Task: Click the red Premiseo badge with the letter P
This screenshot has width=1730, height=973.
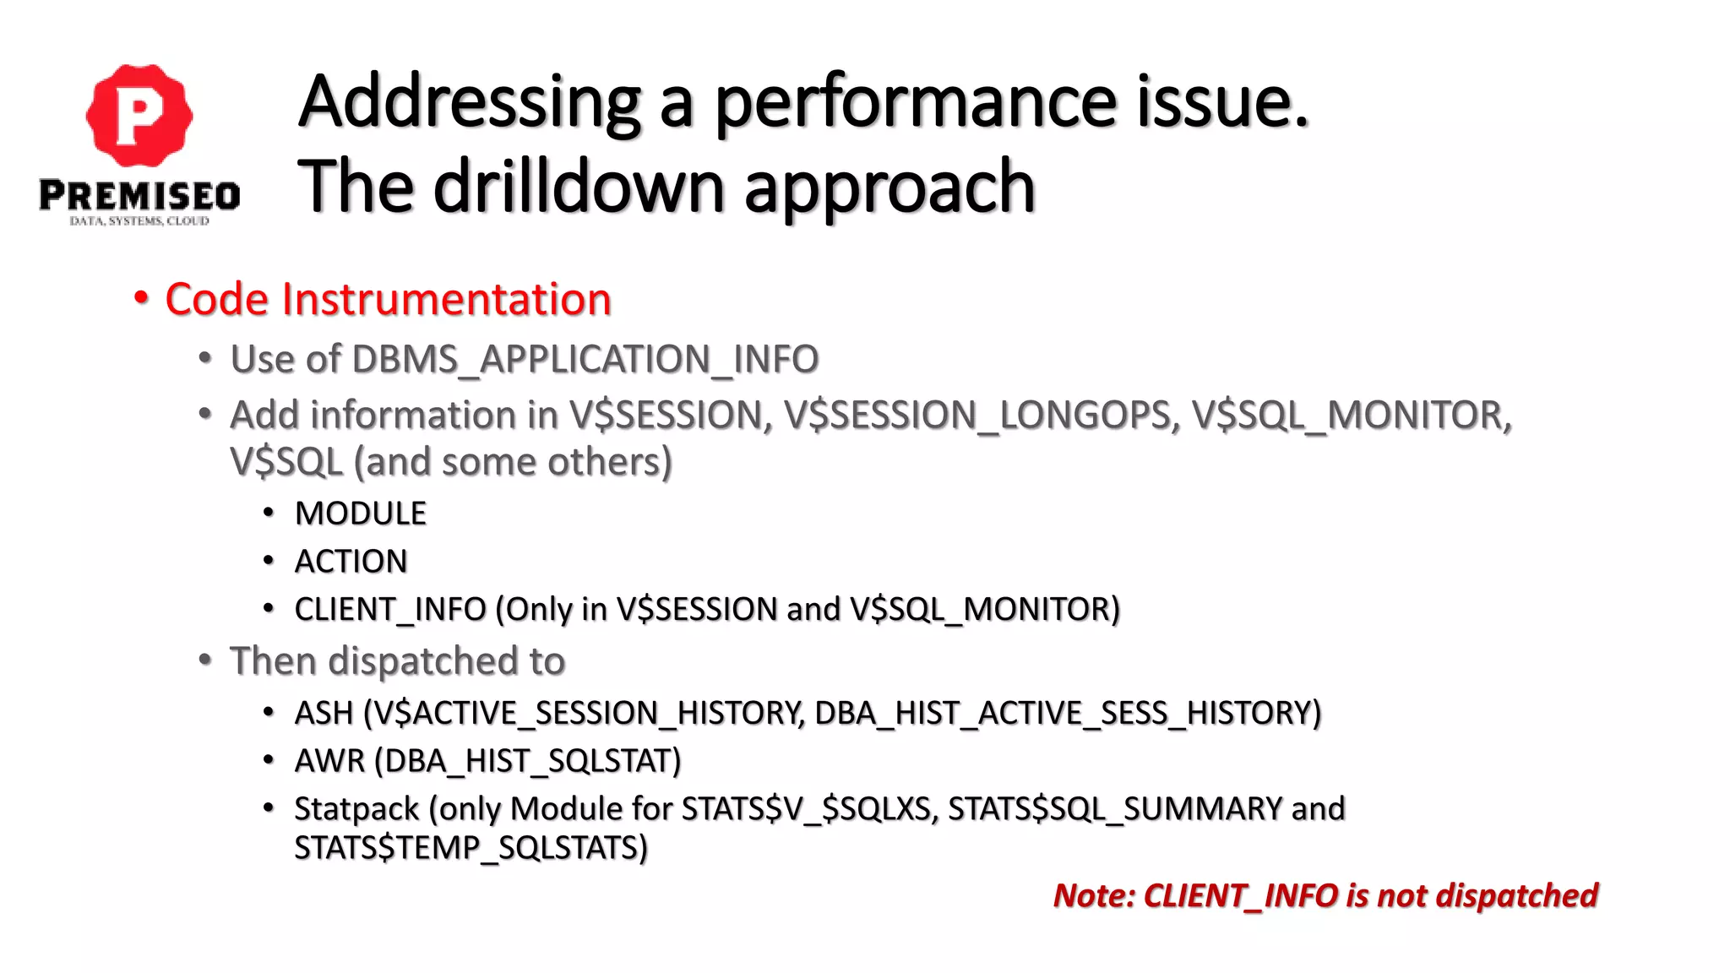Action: coord(139,115)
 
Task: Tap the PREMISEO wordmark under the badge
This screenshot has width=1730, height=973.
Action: coord(139,196)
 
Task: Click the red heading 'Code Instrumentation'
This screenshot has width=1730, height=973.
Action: coord(388,299)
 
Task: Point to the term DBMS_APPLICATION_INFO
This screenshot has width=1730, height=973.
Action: coord(585,359)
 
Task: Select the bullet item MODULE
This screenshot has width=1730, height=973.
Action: coord(361,514)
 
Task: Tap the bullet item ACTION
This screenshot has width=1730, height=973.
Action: coord(351,562)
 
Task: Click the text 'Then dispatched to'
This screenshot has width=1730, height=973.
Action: coord(397,660)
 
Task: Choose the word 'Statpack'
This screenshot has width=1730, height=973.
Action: coord(356,809)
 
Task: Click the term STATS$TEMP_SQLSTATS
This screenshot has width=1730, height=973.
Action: coord(470,848)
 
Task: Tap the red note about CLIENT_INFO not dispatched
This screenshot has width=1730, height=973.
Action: coord(1325,895)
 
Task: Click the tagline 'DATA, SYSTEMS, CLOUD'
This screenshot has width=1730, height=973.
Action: coord(139,221)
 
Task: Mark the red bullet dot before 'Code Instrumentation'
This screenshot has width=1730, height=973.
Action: coord(141,298)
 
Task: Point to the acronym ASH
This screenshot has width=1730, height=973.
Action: coord(324,713)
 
